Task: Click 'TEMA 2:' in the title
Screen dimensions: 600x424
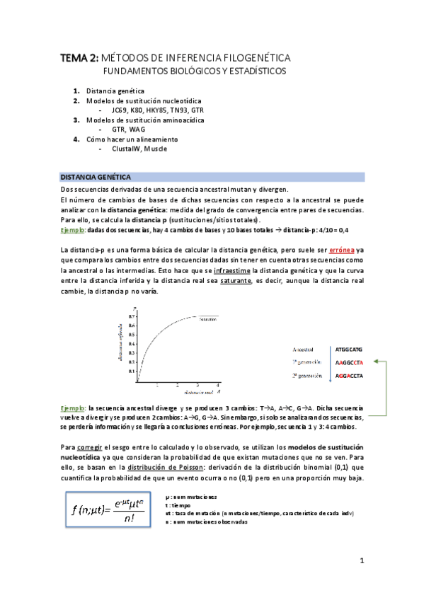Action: [x=79, y=57]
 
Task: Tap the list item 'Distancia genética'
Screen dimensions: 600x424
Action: [x=115, y=91]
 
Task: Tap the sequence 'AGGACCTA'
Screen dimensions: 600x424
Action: [x=349, y=357]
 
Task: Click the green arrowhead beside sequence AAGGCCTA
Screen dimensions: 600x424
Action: [x=376, y=343]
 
